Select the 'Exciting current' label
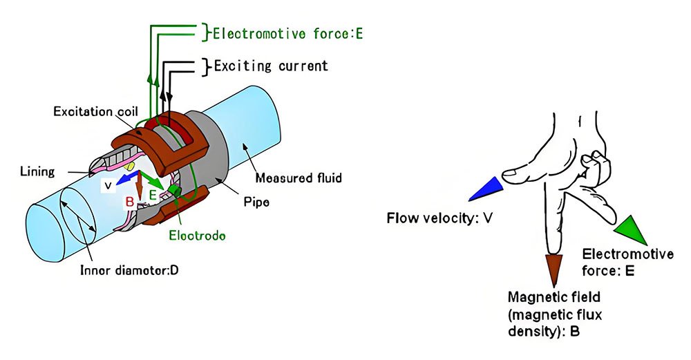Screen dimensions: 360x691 tap(270, 66)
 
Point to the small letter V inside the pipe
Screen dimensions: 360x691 tap(108, 186)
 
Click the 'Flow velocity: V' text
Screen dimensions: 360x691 tap(439, 220)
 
